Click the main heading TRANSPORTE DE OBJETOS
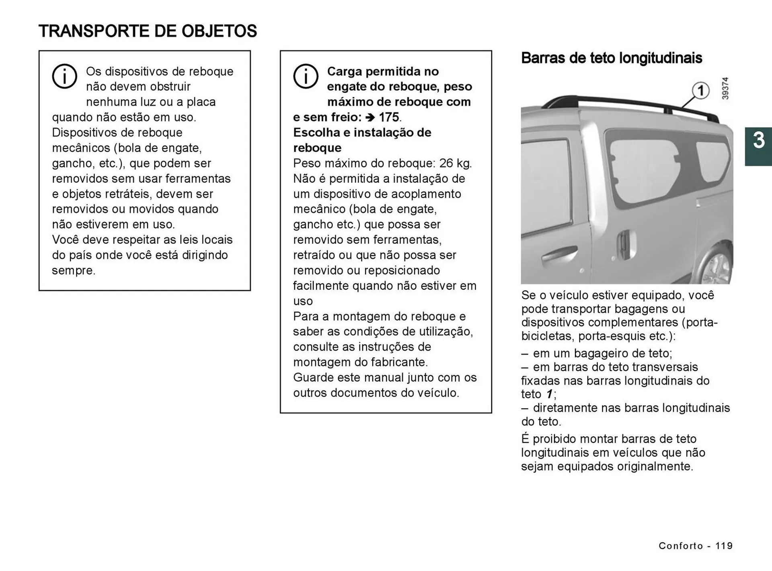(148, 31)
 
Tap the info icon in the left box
(64, 76)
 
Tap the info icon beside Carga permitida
(306, 76)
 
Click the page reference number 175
(389, 117)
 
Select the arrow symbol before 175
(370, 117)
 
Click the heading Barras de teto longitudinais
(611, 58)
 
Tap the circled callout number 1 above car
(700, 90)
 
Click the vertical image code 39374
(725, 88)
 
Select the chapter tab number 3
(758, 141)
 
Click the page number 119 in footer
(724, 546)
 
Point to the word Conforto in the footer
(681, 546)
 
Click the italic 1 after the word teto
(549, 394)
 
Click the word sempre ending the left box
(73, 270)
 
